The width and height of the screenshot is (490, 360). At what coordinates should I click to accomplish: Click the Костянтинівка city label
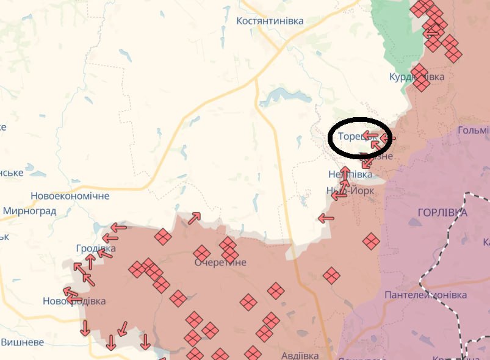point(270,21)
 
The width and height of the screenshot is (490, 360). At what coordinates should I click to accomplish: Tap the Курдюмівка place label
point(417,77)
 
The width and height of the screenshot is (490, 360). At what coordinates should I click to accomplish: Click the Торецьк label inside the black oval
point(351,137)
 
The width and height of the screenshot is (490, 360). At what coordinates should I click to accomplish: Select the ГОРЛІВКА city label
point(442,213)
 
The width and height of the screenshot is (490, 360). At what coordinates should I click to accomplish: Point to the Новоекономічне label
point(70,196)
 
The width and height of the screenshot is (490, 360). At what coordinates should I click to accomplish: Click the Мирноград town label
point(29,211)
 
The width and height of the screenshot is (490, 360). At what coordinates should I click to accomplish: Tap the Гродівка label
point(96,248)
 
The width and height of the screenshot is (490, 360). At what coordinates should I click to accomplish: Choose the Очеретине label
point(220,262)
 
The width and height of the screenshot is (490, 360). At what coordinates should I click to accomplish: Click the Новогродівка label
point(74,301)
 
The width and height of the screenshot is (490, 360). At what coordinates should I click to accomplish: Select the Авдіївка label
point(300,355)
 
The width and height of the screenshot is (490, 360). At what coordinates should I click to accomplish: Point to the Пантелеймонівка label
point(426,295)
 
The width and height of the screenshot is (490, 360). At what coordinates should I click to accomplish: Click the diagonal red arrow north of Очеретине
point(195,218)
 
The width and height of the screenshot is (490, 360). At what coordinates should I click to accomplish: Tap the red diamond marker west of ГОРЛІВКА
point(371,241)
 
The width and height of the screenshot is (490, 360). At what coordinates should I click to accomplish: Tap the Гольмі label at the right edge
point(474,131)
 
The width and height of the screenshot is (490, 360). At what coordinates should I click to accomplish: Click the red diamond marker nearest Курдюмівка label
point(420,84)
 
